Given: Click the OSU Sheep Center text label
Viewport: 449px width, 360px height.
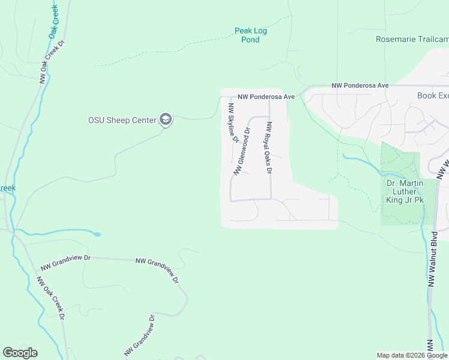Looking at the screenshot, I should [122, 120].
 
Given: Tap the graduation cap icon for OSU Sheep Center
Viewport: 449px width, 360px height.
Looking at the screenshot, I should [166, 120].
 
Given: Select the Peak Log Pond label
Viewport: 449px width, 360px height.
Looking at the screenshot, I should [251, 35].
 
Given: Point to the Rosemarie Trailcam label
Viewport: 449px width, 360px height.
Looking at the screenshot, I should [412, 39].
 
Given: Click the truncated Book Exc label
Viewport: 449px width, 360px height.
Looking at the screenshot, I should [433, 95].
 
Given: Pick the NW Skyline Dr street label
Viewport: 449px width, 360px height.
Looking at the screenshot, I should [232, 122].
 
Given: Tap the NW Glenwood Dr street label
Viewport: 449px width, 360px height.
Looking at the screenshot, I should [242, 151].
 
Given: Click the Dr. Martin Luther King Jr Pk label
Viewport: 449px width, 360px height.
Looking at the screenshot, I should [405, 191].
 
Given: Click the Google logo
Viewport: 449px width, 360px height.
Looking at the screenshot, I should [20, 353].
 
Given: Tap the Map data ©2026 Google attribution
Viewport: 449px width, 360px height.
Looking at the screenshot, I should [412, 355].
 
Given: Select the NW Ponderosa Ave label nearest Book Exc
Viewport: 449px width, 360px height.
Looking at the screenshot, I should [361, 86].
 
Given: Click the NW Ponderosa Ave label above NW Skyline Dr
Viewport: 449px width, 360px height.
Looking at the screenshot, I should [266, 97].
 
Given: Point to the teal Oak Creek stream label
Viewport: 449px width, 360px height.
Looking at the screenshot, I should [54, 20].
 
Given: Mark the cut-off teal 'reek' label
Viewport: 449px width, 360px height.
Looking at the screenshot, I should [7, 188].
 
